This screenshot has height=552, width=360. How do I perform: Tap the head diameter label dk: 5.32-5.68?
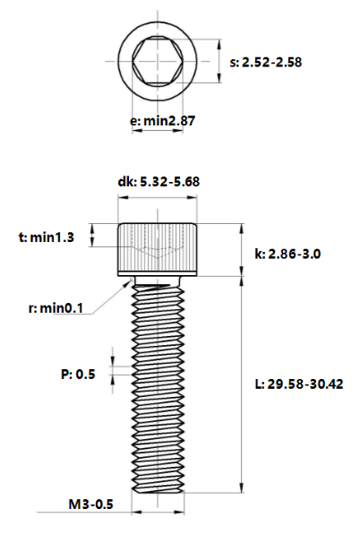pyautogui.click(x=158, y=182)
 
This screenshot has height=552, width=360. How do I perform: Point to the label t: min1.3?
pyautogui.click(x=47, y=237)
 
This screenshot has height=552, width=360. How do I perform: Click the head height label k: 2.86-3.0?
pyautogui.click(x=287, y=254)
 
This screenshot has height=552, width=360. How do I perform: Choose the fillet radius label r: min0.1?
pyautogui.click(x=55, y=308)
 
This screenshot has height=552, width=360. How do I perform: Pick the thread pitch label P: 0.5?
pyautogui.click(x=79, y=373)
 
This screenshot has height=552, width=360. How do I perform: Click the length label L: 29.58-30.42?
pyautogui.click(x=299, y=384)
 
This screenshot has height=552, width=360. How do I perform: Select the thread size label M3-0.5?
pyautogui.click(x=90, y=505)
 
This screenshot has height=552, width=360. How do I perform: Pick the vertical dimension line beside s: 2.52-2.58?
pyautogui.click(x=218, y=63)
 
